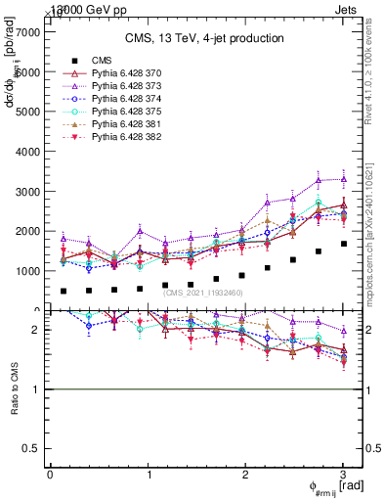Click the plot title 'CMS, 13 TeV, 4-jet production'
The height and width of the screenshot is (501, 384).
click(x=204, y=39)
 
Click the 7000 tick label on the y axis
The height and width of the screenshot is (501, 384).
click(x=26, y=32)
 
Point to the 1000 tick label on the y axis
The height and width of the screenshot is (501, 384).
click(x=26, y=271)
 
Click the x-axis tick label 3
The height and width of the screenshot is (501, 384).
click(x=343, y=475)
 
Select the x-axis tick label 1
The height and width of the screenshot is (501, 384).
click(x=148, y=475)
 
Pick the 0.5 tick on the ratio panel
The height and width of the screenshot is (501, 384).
click(x=32, y=448)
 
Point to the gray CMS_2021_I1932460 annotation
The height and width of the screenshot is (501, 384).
click(x=205, y=293)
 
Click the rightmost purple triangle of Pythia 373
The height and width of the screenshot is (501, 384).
click(x=343, y=179)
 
